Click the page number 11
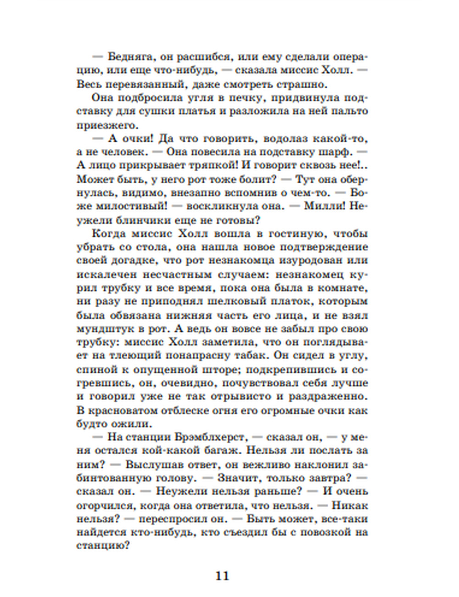222,576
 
